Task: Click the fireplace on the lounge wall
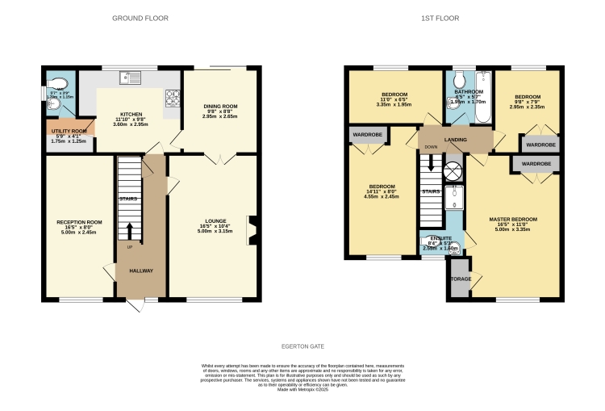pos(253,229)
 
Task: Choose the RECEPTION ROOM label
pos(79,222)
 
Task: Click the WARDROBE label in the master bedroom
pos(536,164)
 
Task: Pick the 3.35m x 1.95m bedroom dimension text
pos(394,104)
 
